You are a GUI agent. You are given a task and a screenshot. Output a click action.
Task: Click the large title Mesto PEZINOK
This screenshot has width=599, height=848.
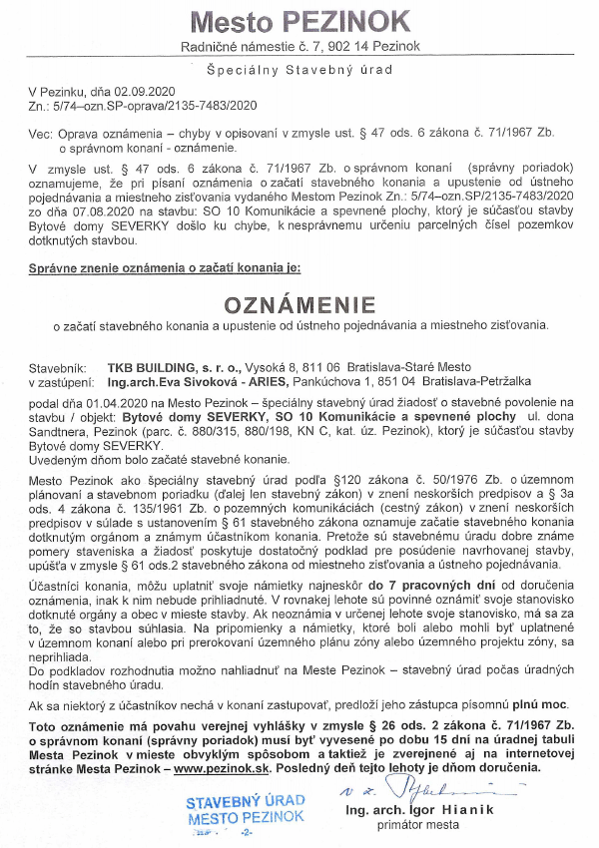(x=299, y=21)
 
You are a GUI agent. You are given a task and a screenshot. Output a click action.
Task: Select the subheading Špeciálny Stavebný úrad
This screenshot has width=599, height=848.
(x=299, y=72)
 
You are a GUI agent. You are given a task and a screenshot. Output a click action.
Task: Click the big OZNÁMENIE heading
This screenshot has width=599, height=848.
(x=299, y=303)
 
